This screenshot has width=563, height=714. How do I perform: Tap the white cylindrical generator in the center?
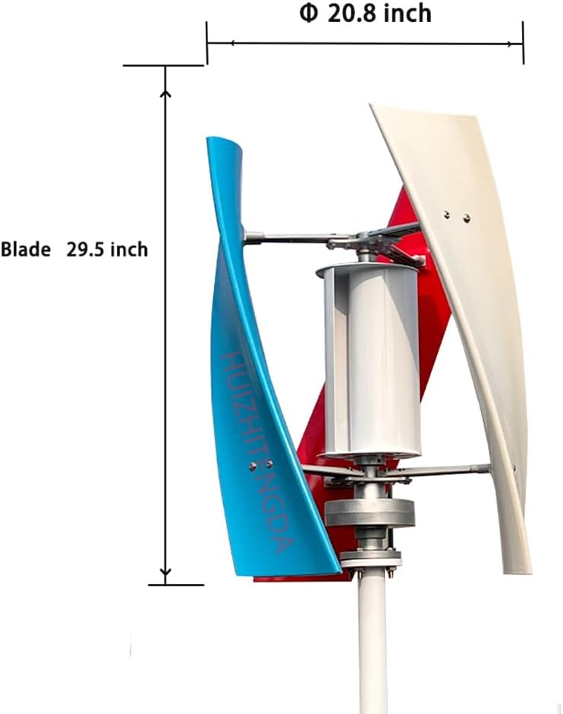click(370, 360)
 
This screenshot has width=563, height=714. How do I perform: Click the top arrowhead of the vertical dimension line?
click(166, 95)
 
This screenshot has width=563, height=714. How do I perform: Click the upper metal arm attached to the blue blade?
click(285, 239)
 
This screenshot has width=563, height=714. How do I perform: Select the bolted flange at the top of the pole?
click(370, 559)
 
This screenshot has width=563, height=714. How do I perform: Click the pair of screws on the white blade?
click(456, 216)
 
